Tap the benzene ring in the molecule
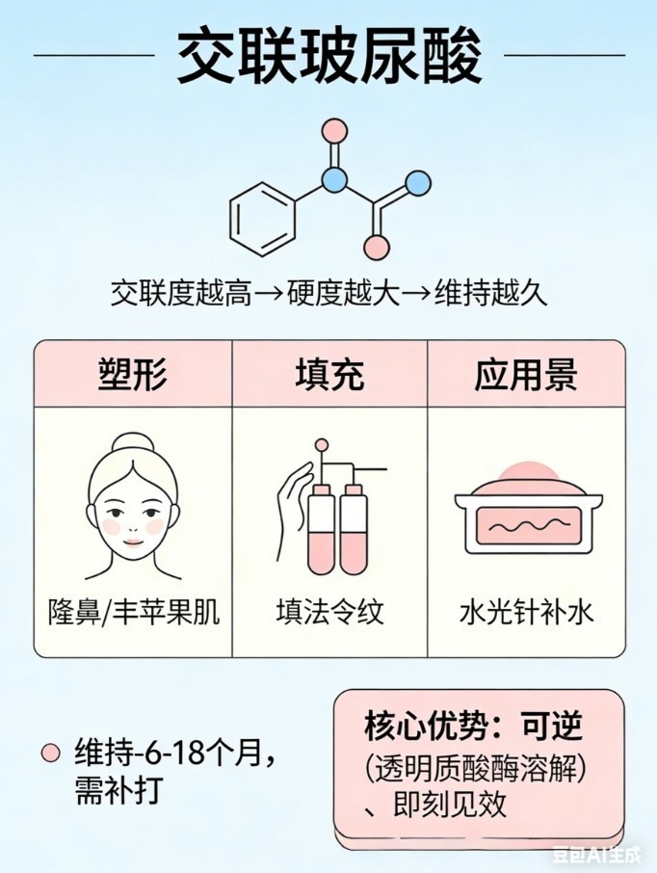click(262, 220)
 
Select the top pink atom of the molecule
click(333, 129)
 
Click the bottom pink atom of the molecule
click(377, 248)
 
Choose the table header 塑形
click(133, 374)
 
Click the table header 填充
click(329, 374)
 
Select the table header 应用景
click(526, 374)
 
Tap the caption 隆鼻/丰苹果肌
click(134, 612)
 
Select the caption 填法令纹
click(329, 612)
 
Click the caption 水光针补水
click(526, 612)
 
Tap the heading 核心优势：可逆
click(474, 725)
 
